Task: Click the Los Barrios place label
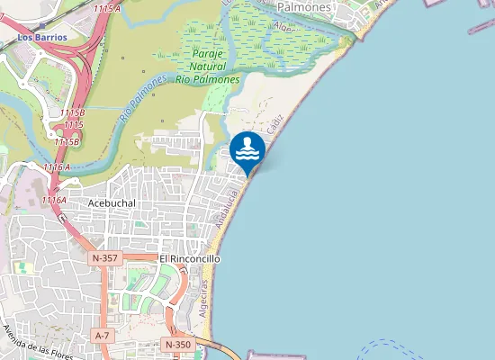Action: pyautogui.click(x=37, y=38)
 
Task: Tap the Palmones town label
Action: pyautogui.click(x=304, y=6)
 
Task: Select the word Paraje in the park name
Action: pyautogui.click(x=207, y=54)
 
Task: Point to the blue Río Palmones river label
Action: pyautogui.click(x=143, y=99)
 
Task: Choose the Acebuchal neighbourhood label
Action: pyautogui.click(x=112, y=203)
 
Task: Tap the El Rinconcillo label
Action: pyautogui.click(x=189, y=258)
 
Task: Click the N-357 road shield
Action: pyautogui.click(x=105, y=258)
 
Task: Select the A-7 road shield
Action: pyautogui.click(x=103, y=335)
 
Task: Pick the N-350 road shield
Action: pyautogui.click(x=177, y=345)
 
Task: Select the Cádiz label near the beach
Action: pyautogui.click(x=274, y=127)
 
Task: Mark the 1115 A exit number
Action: pyautogui.click(x=106, y=8)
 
